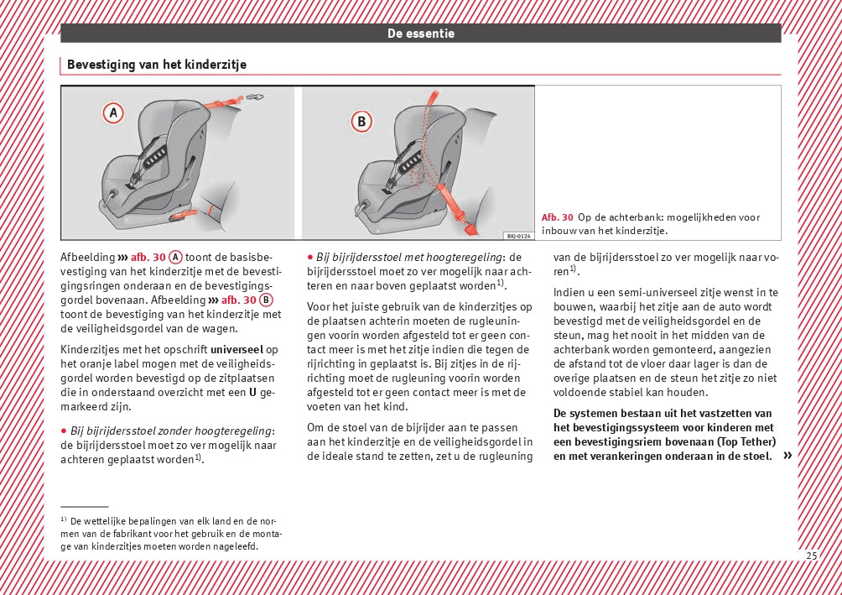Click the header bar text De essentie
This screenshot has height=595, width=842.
[x=420, y=34]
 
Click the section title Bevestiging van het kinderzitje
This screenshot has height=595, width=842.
[x=156, y=65]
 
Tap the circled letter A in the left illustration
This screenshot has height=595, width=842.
[x=113, y=112]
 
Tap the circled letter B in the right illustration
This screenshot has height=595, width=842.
[x=361, y=122]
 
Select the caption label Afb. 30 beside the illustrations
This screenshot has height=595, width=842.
[x=558, y=217]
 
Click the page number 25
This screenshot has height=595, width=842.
[x=811, y=556]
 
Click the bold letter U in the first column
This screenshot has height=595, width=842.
[x=252, y=393]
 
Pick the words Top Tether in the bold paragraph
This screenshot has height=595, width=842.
[x=745, y=441]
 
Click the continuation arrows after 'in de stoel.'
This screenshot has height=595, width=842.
[x=787, y=456]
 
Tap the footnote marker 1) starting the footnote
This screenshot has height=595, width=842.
[x=64, y=520]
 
